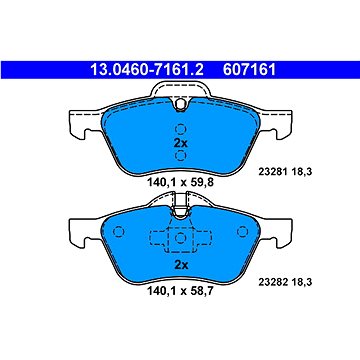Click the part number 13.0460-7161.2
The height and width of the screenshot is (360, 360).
click(x=147, y=70)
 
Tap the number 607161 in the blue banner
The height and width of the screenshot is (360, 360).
click(x=250, y=70)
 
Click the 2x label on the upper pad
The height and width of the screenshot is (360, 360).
click(x=181, y=143)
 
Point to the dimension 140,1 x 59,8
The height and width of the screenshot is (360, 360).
click(x=180, y=182)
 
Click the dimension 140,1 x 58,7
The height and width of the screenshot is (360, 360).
click(x=180, y=292)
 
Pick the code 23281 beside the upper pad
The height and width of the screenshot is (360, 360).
click(x=270, y=172)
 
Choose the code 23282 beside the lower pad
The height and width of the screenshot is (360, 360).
click(x=270, y=282)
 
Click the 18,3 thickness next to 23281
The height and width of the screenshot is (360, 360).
click(x=302, y=172)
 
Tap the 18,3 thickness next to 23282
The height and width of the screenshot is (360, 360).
click(x=302, y=282)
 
